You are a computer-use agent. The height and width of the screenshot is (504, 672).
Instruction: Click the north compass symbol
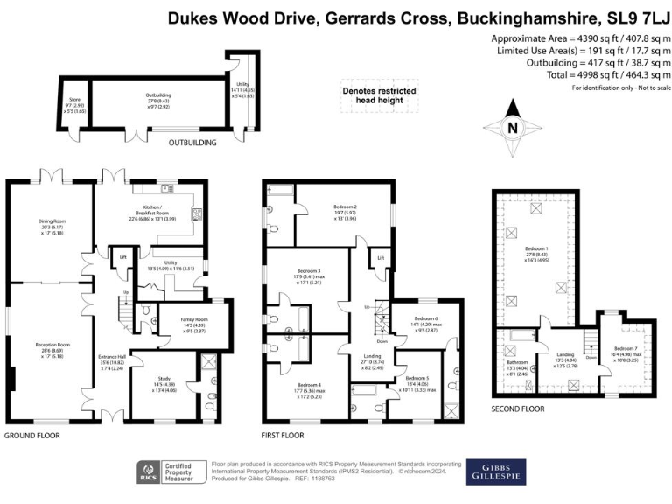(512, 126)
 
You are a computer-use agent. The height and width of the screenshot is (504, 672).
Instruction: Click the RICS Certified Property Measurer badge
(171, 472)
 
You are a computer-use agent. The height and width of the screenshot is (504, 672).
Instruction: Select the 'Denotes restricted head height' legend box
(378, 95)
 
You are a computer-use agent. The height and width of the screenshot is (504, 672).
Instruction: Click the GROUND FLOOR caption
(32, 435)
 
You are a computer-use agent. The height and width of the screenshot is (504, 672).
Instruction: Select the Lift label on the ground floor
(122, 256)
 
